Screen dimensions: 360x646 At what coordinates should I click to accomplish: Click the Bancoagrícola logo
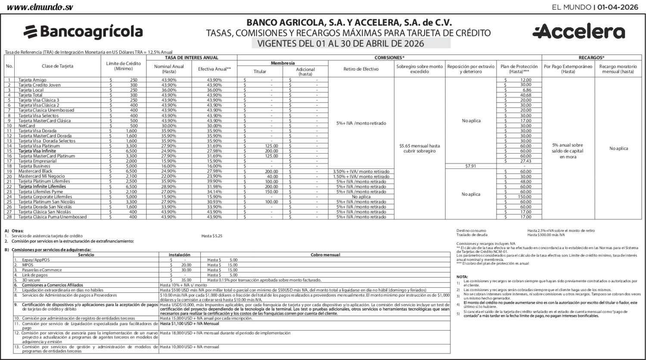[x=83, y=31]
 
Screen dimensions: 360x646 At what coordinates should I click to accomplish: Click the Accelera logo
[x=578, y=32]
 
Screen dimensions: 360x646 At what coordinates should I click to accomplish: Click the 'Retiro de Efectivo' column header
[x=361, y=69]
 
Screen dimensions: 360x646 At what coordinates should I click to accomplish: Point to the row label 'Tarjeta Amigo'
[x=32, y=80]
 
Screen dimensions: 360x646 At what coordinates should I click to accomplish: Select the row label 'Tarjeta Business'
[x=34, y=166]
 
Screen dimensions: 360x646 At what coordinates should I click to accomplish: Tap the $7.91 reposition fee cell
[x=470, y=166]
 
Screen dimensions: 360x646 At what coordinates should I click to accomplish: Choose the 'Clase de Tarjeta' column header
[x=57, y=66]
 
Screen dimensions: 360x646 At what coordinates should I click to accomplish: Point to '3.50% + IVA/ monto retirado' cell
[x=361, y=171]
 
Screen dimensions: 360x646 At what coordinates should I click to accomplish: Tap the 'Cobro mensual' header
[x=325, y=255]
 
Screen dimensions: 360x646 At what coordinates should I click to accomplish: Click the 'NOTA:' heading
[x=462, y=276]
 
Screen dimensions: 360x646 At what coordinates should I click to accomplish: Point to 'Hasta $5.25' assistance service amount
[x=212, y=236]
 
